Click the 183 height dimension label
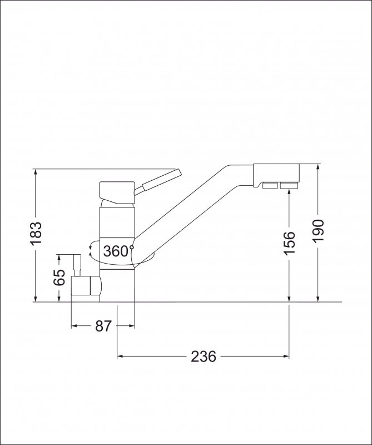(36, 234)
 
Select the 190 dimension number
(318, 230)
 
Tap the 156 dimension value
(289, 243)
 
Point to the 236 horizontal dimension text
(204, 357)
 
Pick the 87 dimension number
(103, 327)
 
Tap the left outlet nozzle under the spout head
(269, 185)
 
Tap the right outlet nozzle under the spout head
(289, 185)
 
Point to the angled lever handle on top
(161, 180)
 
